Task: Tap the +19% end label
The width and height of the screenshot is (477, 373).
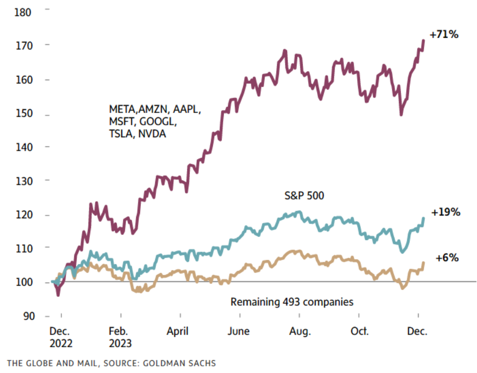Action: click(445, 212)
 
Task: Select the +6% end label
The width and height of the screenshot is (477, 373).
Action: click(446, 258)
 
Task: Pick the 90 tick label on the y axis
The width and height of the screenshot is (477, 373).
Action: click(27, 316)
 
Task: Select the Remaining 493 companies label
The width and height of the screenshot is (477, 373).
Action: click(292, 302)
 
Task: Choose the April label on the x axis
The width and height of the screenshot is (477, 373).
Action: click(177, 332)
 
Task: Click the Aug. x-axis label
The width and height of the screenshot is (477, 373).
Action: click(300, 332)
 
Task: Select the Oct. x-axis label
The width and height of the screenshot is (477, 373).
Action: click(359, 332)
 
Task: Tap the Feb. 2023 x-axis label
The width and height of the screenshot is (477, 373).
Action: click(121, 337)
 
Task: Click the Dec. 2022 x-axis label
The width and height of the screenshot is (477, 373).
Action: click(60, 337)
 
